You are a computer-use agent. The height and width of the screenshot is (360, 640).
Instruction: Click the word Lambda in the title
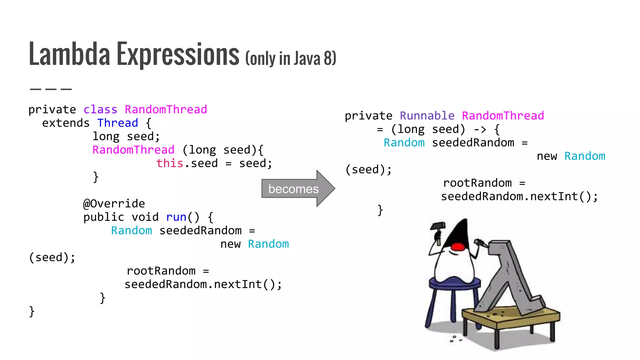pyautogui.click(x=69, y=54)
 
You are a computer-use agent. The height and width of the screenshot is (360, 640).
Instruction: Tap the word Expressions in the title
pyautogui.click(x=178, y=54)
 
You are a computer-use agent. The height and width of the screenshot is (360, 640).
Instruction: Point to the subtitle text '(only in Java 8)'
pyautogui.click(x=291, y=58)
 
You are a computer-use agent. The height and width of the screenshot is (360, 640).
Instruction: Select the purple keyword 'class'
pyautogui.click(x=100, y=110)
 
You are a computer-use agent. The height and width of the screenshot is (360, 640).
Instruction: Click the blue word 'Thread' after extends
pyautogui.click(x=117, y=123)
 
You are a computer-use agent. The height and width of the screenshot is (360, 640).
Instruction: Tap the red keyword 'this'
pyautogui.click(x=170, y=163)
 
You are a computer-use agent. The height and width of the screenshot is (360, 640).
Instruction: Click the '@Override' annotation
pyautogui.click(x=114, y=204)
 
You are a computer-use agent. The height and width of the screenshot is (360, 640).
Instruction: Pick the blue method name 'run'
pyautogui.click(x=176, y=217)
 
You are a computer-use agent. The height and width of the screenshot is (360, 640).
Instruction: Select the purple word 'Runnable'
pyautogui.click(x=427, y=116)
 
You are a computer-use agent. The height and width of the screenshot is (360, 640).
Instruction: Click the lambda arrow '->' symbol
pyautogui.click(x=480, y=129)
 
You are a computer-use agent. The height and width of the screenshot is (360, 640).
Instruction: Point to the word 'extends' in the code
pyautogui.click(x=66, y=123)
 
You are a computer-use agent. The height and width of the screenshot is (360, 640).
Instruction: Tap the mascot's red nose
pyautogui.click(x=458, y=247)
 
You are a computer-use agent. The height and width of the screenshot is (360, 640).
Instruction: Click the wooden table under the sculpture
pyautogui.click(x=512, y=319)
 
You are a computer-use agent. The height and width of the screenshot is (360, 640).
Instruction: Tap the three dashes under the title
pyautogui.click(x=51, y=89)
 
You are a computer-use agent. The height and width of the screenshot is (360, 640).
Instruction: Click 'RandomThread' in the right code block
pyautogui.click(x=503, y=116)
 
